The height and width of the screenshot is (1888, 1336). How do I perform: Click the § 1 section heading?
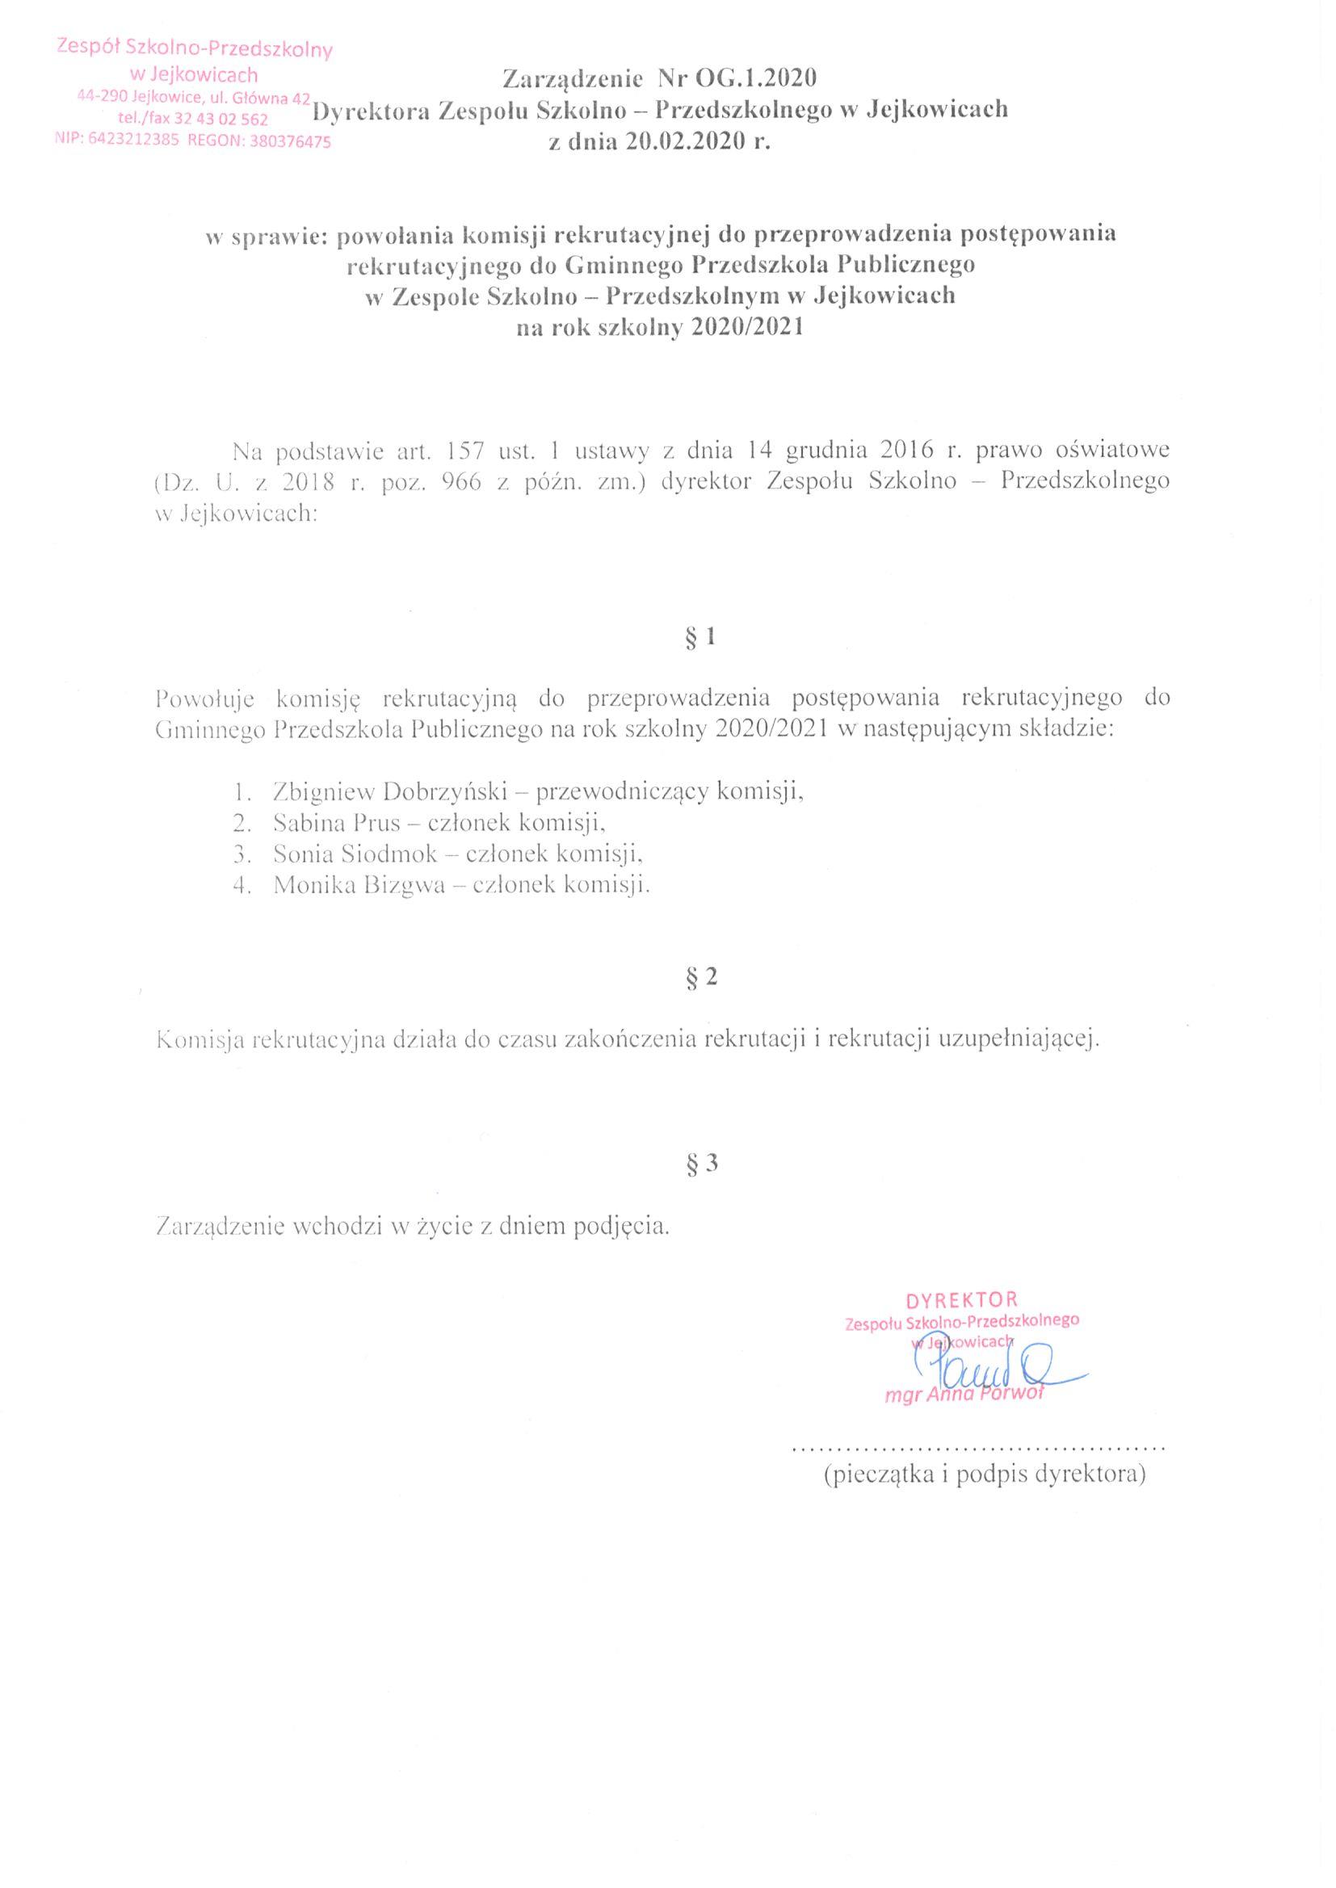point(701,637)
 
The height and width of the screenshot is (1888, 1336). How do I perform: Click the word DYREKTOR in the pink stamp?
point(962,1300)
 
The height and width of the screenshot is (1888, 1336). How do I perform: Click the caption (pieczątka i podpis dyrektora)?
point(985,1475)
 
